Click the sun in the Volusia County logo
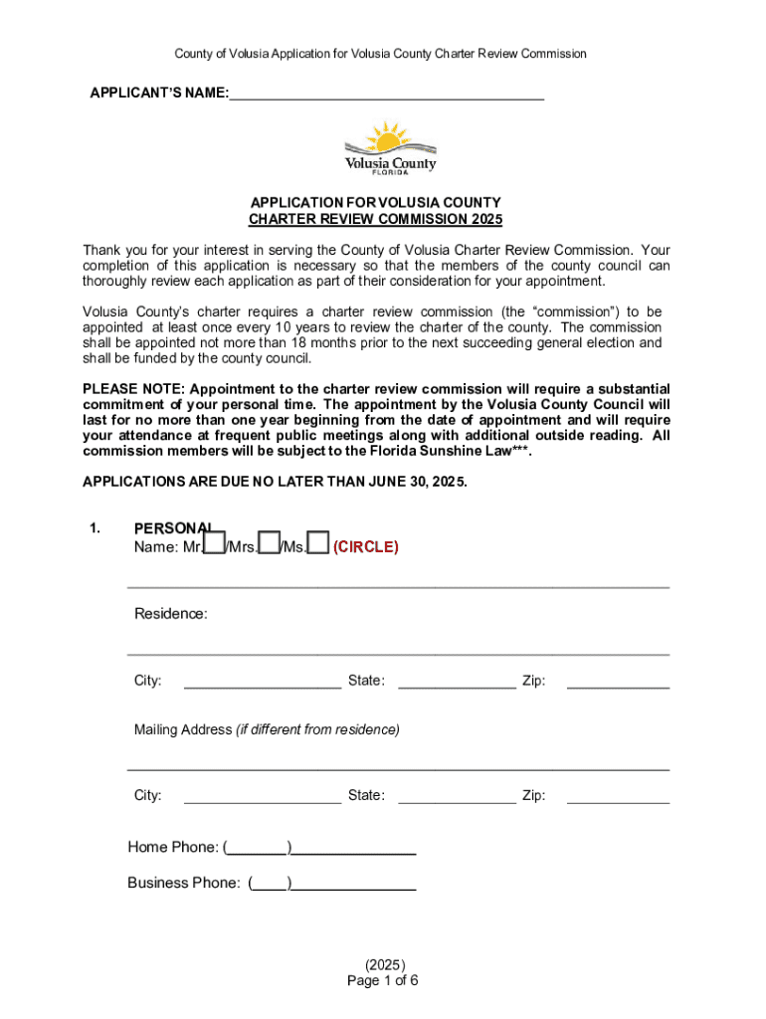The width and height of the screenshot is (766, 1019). (x=386, y=137)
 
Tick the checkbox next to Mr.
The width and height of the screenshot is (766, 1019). (x=214, y=542)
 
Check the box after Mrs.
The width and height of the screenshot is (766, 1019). (x=268, y=542)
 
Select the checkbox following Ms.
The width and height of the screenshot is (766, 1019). (x=318, y=542)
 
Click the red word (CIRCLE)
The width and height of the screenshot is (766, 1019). (x=366, y=547)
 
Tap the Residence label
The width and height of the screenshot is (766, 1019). (x=171, y=614)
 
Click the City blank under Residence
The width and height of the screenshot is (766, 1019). (x=263, y=682)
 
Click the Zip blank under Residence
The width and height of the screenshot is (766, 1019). (x=618, y=682)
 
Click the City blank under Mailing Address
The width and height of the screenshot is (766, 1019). (x=263, y=796)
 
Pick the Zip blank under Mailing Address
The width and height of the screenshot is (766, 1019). (x=618, y=796)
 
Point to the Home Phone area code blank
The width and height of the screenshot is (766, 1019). (x=258, y=848)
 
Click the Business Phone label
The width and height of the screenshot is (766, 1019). (x=183, y=883)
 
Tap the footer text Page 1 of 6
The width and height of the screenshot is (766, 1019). (x=383, y=980)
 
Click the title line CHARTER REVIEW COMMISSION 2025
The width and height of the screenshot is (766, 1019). (x=375, y=219)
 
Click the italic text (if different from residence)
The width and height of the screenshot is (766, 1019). (x=317, y=729)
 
